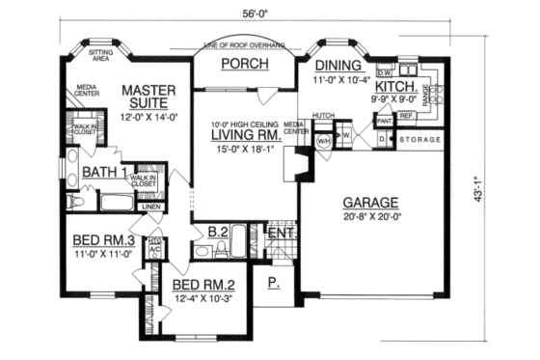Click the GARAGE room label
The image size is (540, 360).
(x=366, y=203)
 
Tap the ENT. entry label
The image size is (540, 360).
(x=279, y=234)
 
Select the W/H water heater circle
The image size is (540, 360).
(x=324, y=141)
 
